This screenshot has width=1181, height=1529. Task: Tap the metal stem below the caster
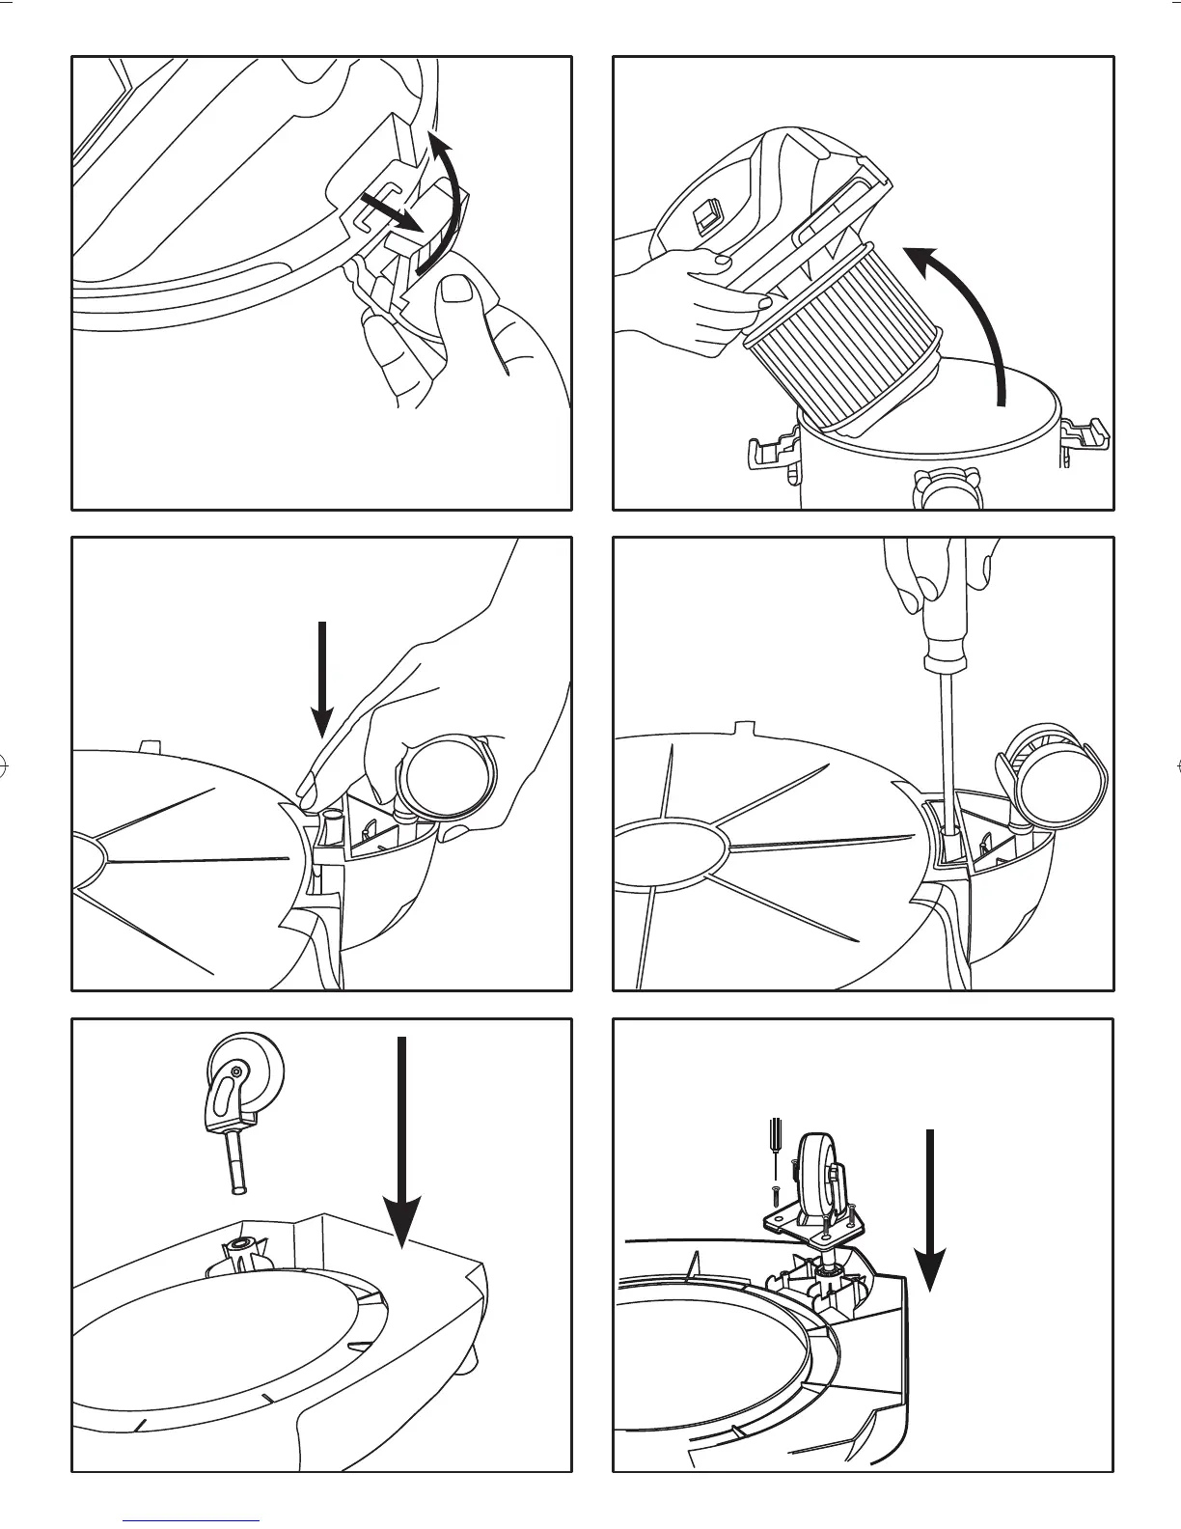pos(235,1162)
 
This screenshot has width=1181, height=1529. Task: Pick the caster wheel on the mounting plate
pos(815,1173)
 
